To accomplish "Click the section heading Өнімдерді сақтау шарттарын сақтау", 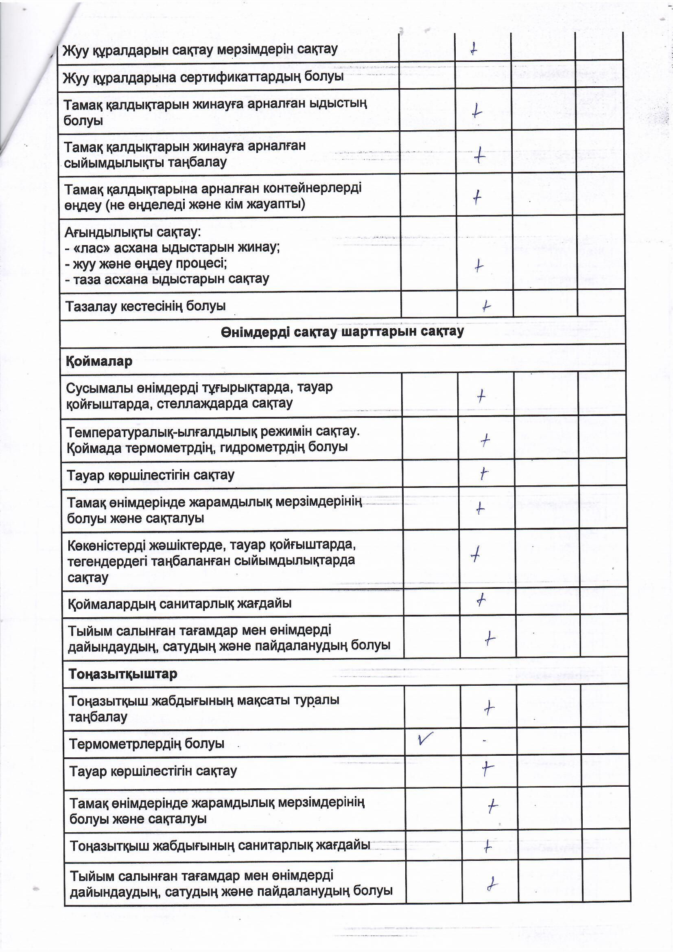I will [x=342, y=332].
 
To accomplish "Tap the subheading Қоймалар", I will [x=99, y=361].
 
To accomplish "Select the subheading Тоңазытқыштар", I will [x=123, y=674].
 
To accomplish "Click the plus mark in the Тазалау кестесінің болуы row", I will [x=486, y=307].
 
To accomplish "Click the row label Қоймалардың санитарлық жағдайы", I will [x=180, y=604].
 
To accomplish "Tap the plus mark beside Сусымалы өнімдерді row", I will [x=481, y=396].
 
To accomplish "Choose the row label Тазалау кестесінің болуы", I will [x=145, y=307].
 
